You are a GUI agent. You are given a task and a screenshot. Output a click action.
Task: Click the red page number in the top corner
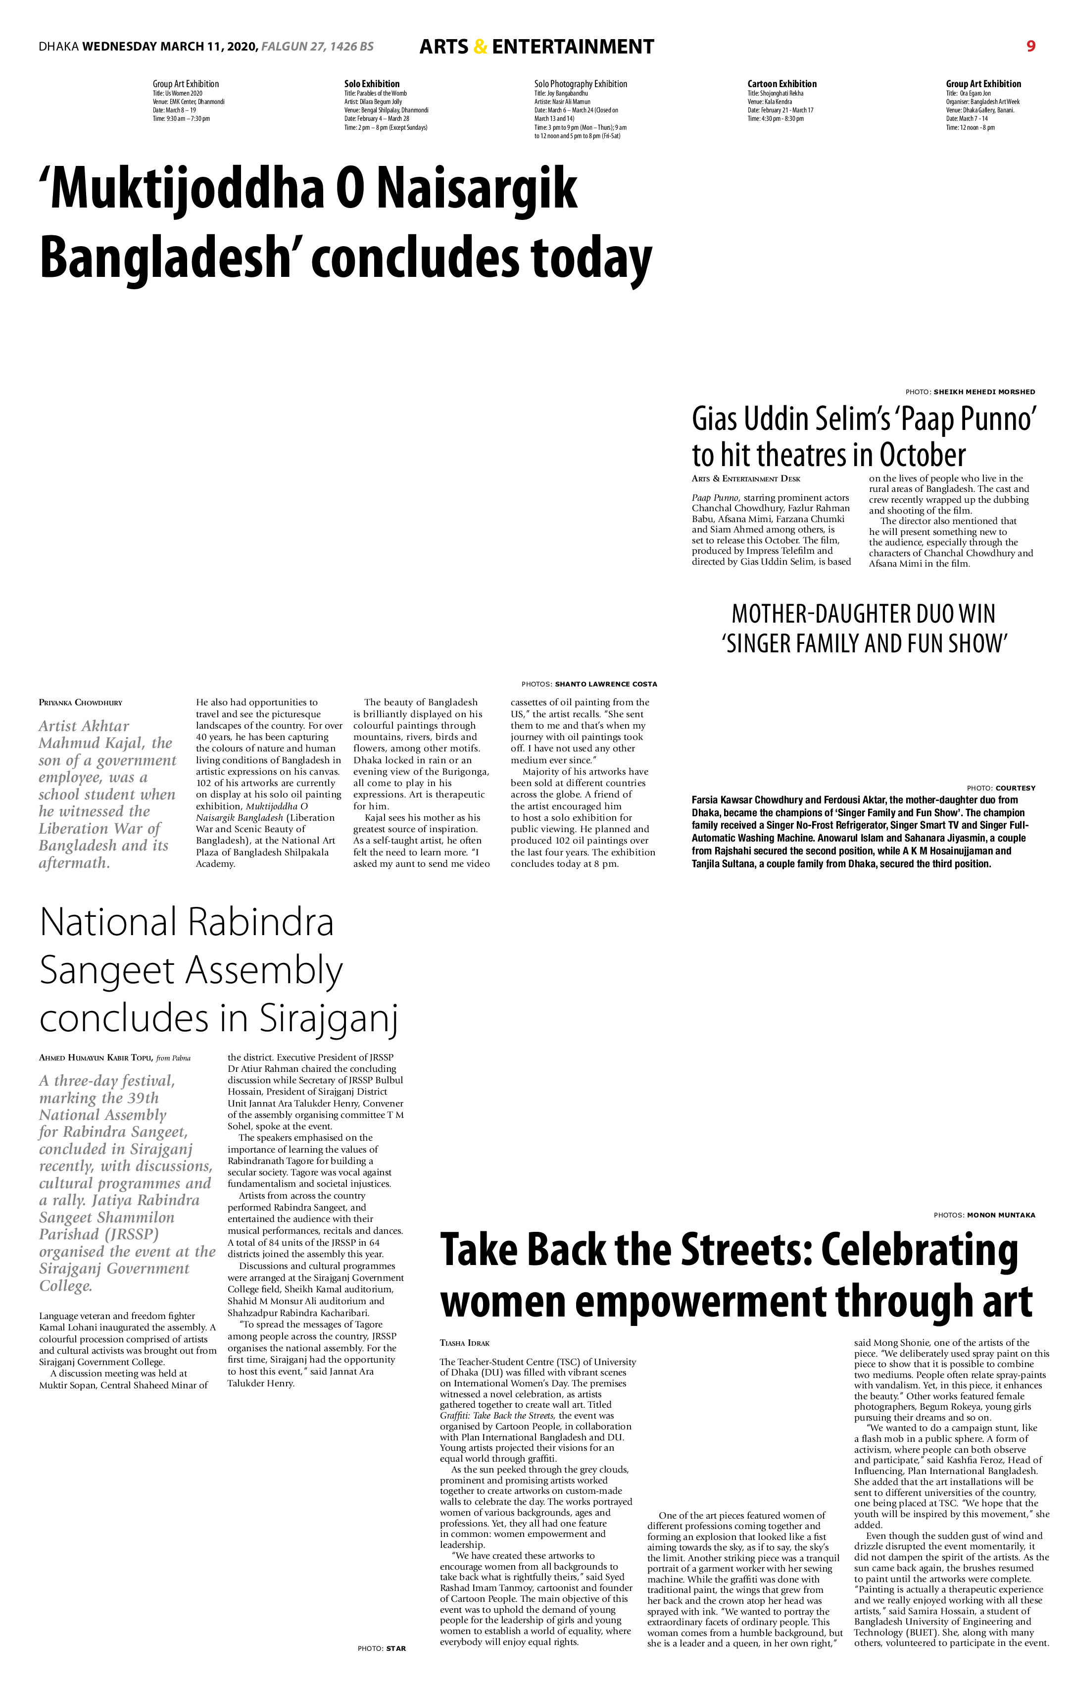click(1030, 46)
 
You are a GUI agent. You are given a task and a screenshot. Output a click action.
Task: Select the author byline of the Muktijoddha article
click(81, 702)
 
